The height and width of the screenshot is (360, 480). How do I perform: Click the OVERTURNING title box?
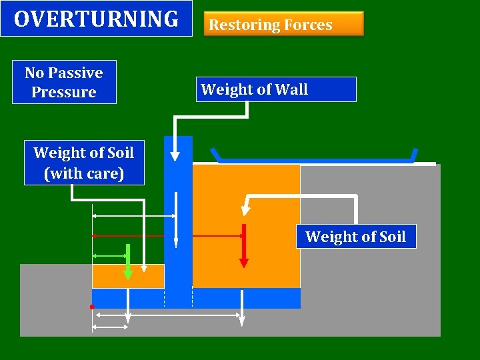tap(96, 19)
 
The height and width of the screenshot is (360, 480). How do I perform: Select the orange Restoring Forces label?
tap(283, 24)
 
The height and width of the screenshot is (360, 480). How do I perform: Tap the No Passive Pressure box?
tap(64, 82)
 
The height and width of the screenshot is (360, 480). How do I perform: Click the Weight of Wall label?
tap(276, 89)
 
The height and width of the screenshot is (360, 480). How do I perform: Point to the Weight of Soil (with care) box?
tap(83, 163)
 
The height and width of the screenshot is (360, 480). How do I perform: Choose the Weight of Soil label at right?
tap(355, 237)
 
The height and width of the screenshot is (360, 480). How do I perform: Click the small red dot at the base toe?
tap(92, 307)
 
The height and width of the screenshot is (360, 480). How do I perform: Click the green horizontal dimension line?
tap(110, 255)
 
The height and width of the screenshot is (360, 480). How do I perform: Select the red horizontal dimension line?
tap(133, 236)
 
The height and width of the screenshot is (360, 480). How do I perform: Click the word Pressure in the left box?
tap(64, 92)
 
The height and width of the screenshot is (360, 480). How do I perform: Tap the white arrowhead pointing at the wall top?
tap(175, 156)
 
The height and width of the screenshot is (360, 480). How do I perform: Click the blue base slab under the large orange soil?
tap(247, 298)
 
